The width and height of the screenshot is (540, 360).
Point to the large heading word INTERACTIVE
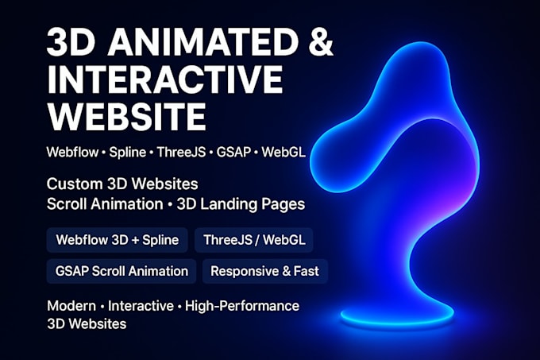(164, 81)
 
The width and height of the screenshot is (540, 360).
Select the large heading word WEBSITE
(126, 117)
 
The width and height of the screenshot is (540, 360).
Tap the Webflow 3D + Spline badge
(118, 239)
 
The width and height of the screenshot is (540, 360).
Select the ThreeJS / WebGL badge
(257, 239)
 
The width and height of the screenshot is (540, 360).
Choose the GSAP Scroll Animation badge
(121, 271)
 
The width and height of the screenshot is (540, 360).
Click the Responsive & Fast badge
(264, 271)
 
